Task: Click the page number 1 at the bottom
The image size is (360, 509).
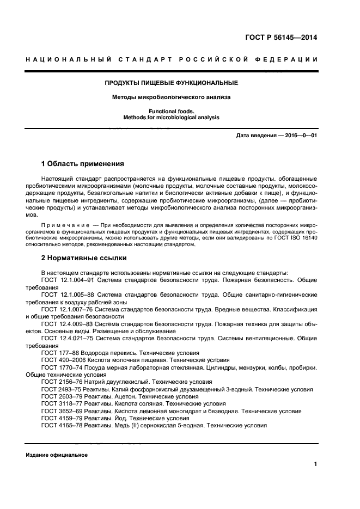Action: pyautogui.click(x=315, y=464)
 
